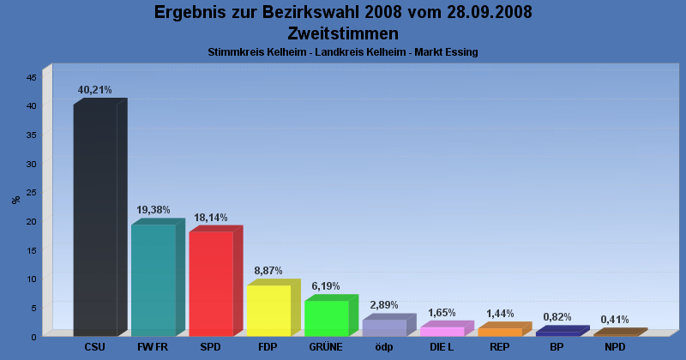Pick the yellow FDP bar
coord(268,309)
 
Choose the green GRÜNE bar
coord(326,318)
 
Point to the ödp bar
coord(384,327)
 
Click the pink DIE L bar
coord(442,331)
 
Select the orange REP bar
coord(499,332)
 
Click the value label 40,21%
coord(95,90)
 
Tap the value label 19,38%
coord(153,210)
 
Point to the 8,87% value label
coord(268,271)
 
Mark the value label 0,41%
coord(615,320)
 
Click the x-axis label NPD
coord(615,347)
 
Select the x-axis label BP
coord(557,347)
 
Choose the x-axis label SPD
coord(211,347)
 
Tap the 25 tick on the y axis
coord(31,192)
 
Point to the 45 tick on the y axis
coord(31,77)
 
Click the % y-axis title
coord(15,200)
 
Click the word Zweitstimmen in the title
coord(343,33)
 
